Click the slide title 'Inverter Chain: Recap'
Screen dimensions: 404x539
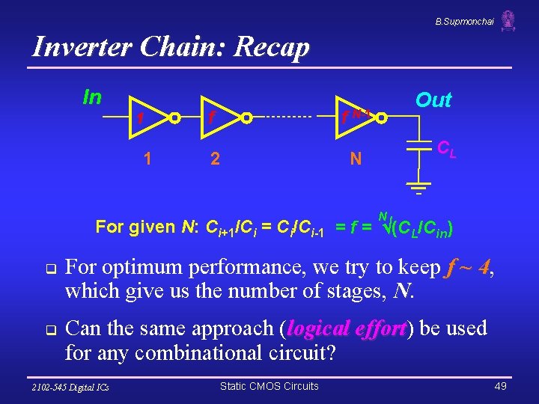tap(171, 48)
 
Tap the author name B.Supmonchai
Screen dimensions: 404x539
tap(464, 22)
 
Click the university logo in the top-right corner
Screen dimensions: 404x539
tap(508, 20)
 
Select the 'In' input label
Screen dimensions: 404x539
tap(92, 98)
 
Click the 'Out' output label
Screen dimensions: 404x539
tap(433, 100)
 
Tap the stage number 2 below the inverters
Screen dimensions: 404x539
tap(216, 158)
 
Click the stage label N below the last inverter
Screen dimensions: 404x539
tap(356, 159)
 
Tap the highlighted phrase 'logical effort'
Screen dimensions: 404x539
tap(347, 328)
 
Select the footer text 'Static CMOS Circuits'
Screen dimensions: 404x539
tap(269, 386)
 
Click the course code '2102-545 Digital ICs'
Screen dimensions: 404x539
tap(71, 387)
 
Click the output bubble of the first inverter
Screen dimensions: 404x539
tap(173, 117)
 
